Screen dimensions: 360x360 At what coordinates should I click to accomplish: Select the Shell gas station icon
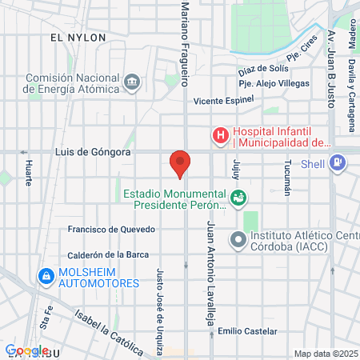click(338, 163)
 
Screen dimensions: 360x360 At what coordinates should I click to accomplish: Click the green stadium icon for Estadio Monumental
click(238, 197)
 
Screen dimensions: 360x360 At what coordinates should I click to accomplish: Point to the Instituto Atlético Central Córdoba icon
click(238, 239)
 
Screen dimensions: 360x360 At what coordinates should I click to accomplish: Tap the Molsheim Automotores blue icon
click(45, 277)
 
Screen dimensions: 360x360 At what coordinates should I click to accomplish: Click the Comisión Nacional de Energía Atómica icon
click(132, 81)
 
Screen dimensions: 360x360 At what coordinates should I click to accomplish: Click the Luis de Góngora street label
click(92, 151)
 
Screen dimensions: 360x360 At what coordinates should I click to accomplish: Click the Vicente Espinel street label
click(223, 101)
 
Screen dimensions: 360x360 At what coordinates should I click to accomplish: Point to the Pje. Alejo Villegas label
click(272, 82)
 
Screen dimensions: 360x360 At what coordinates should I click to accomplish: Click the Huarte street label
click(29, 172)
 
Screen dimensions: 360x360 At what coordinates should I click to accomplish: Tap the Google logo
click(26, 350)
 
